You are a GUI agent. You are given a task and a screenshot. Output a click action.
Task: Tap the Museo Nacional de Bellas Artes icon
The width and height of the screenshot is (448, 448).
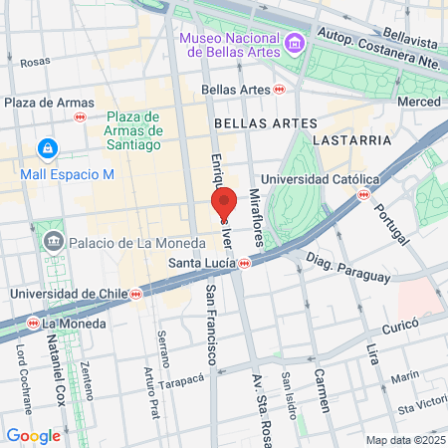tap(294, 44)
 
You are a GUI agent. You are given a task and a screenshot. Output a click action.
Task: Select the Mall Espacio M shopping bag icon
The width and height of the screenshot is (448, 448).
tap(46, 149)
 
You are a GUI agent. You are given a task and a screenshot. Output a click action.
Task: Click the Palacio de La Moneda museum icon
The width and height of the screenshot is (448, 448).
tap(53, 239)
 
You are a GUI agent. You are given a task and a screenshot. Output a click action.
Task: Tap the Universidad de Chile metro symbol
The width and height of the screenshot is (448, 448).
tap(135, 295)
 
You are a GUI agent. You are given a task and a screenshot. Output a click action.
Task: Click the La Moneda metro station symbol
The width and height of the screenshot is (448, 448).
tap(34, 324)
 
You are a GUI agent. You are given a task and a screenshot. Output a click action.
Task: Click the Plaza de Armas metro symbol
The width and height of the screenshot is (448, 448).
tap(80, 116)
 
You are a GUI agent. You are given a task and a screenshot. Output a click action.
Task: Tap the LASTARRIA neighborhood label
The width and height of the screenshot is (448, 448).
tap(351, 140)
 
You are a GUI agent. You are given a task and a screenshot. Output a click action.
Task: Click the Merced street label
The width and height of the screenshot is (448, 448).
tap(418, 102)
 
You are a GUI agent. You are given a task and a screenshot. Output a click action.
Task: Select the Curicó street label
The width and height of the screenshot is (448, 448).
tap(403, 324)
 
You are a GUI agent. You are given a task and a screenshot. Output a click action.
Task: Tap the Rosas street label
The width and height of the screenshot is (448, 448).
tap(34, 61)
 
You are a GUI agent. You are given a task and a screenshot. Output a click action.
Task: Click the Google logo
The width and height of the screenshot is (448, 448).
tap(33, 435)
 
